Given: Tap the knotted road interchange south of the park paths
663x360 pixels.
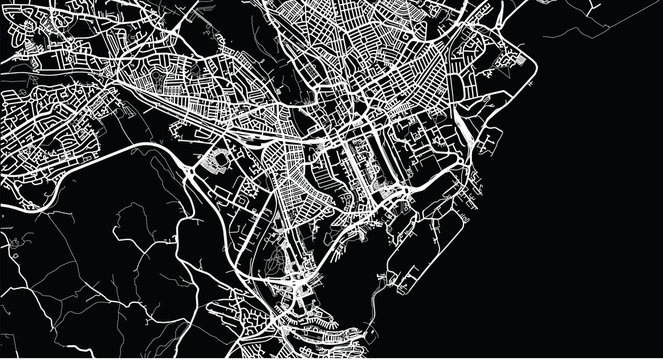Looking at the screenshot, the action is tap(300, 290).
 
